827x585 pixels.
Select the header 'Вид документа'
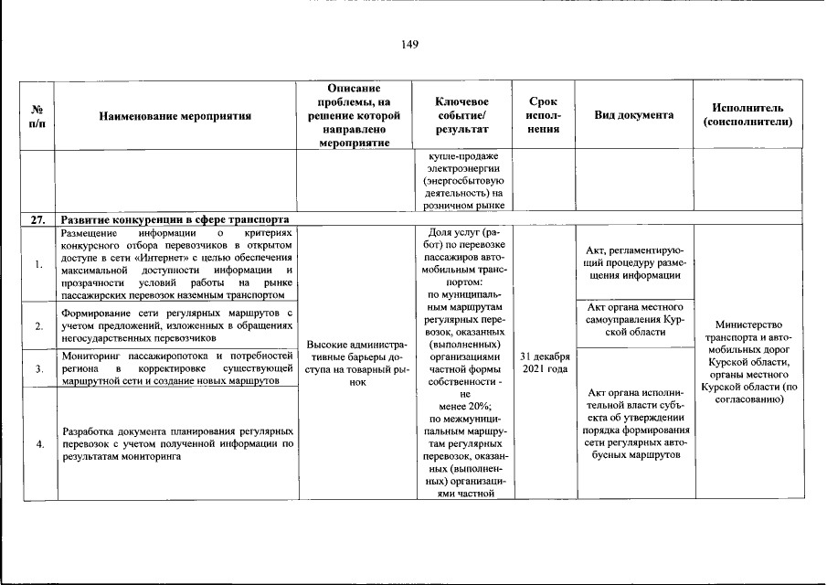pyautogui.click(x=634, y=115)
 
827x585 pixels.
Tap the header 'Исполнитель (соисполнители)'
pyautogui.click(x=747, y=115)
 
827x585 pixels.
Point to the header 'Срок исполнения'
pyautogui.click(x=545, y=115)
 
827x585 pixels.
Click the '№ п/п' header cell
pyautogui.click(x=38, y=115)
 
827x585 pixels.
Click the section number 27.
pyautogui.click(x=38, y=219)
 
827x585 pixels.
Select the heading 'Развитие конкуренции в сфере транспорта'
pyautogui.click(x=175, y=219)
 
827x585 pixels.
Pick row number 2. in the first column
pyautogui.click(x=38, y=325)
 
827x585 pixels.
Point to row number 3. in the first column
pyautogui.click(x=38, y=368)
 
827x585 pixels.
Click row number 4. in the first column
pyautogui.click(x=38, y=443)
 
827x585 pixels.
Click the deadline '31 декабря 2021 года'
pyautogui.click(x=545, y=362)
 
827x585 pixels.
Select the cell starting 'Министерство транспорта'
pyautogui.click(x=747, y=362)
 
